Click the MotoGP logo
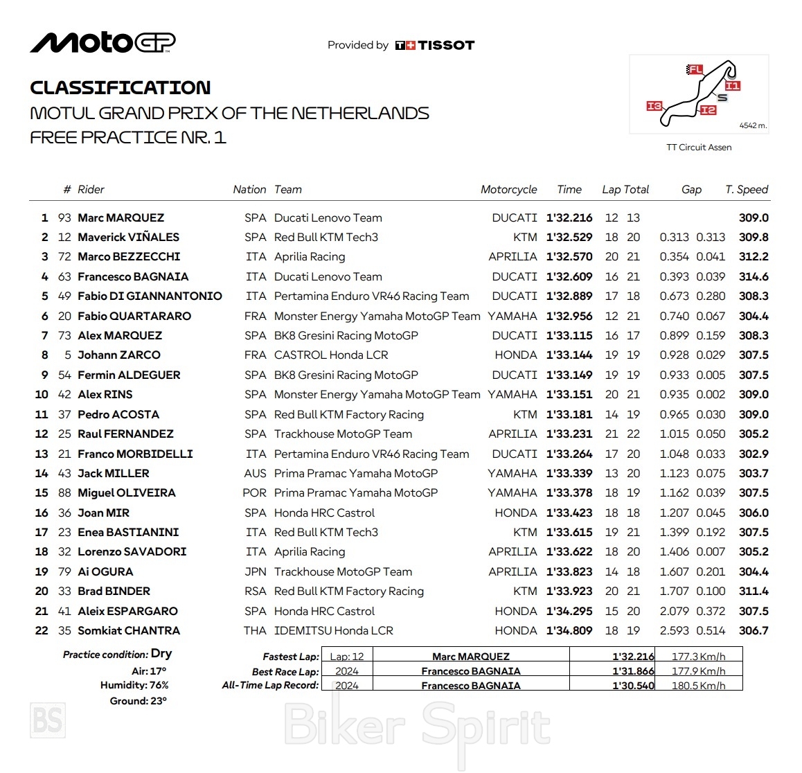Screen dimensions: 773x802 pyautogui.click(x=103, y=43)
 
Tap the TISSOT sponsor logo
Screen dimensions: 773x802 pyautogui.click(x=435, y=46)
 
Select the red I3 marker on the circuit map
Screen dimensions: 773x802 pyautogui.click(x=654, y=106)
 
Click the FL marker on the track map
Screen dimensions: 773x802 pyautogui.click(x=695, y=69)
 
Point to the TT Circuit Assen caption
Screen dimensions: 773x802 pyautogui.click(x=699, y=148)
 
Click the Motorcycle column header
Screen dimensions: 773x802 pyautogui.click(x=508, y=190)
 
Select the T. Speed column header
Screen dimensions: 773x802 pyautogui.click(x=747, y=190)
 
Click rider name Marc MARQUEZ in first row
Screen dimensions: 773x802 pyautogui.click(x=121, y=217)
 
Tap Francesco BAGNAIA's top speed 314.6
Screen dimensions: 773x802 pyautogui.click(x=754, y=276)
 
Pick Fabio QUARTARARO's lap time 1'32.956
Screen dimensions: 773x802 pyautogui.click(x=569, y=316)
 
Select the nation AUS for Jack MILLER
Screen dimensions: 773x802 pyautogui.click(x=255, y=474)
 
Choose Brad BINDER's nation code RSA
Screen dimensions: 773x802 pyautogui.click(x=255, y=592)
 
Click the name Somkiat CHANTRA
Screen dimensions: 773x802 pyautogui.click(x=129, y=631)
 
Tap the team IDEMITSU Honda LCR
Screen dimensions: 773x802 pyautogui.click(x=333, y=631)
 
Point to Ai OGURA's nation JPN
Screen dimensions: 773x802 pyautogui.click(x=255, y=572)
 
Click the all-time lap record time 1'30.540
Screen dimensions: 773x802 pyautogui.click(x=633, y=686)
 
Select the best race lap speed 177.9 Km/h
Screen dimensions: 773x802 pyautogui.click(x=698, y=671)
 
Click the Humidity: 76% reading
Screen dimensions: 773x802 pyautogui.click(x=134, y=685)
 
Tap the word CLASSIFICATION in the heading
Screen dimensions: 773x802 pyautogui.click(x=121, y=88)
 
